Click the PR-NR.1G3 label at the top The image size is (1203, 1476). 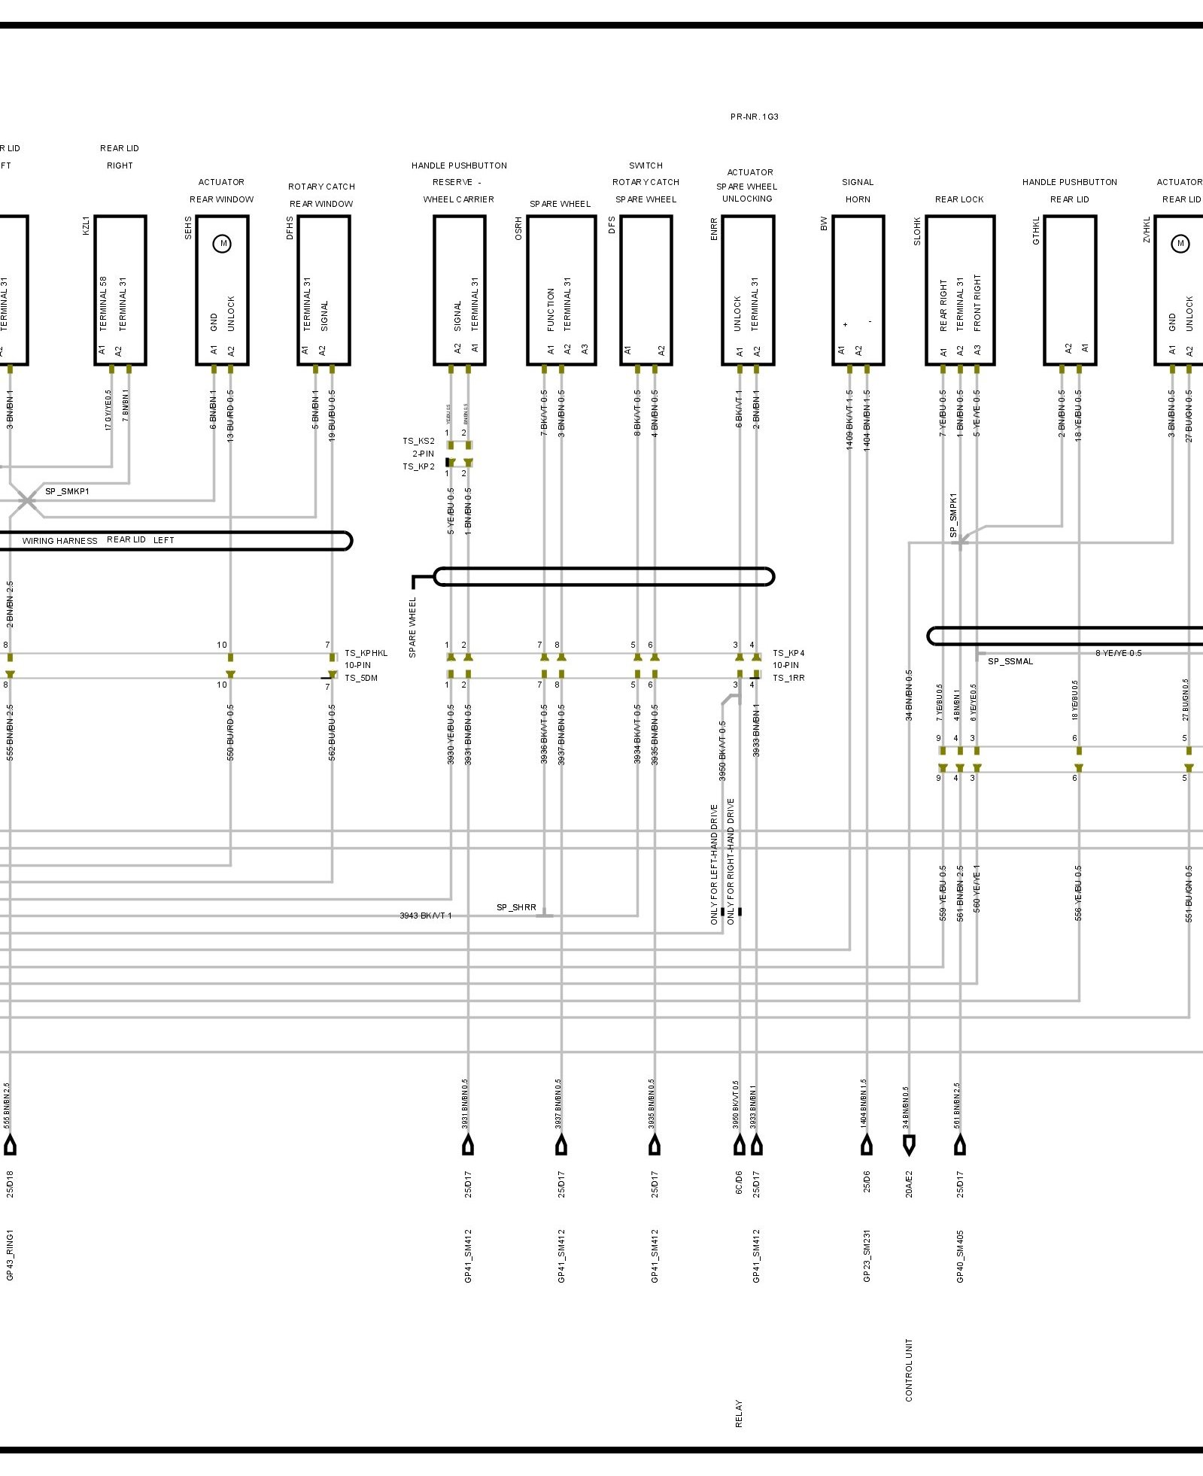pos(754,117)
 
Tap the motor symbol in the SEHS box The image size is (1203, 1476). pos(222,244)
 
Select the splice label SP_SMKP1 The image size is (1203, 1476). pos(67,491)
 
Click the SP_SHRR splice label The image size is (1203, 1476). pos(516,907)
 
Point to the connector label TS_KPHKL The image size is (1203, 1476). pos(366,653)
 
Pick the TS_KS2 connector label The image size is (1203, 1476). pos(418,441)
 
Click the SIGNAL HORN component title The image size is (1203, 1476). pos(858,190)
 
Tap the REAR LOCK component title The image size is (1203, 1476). pos(959,199)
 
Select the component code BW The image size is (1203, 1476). pos(825,223)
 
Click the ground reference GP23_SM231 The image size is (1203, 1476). pos(867,1256)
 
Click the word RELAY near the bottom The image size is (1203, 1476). pos(739,1414)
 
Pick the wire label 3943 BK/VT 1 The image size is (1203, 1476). pos(426,916)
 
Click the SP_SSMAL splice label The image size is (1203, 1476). pos(1010,661)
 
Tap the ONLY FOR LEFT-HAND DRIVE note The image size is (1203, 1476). pos(714,864)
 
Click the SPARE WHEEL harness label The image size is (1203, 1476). pos(412,627)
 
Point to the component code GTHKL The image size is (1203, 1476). pos(1036,230)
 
